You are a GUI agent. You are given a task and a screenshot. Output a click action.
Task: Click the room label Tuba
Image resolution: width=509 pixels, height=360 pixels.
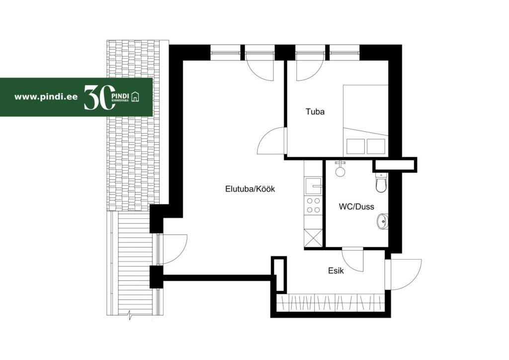pos(315,112)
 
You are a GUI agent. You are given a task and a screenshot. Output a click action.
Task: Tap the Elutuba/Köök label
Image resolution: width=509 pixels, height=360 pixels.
pos(250,189)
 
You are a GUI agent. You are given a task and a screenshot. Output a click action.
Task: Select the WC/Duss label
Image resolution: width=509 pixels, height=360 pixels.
pos(356,207)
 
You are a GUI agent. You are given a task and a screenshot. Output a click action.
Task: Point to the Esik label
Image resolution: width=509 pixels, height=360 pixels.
pos(336,270)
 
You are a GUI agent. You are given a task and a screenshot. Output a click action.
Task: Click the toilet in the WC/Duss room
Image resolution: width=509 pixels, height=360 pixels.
pos(381,182)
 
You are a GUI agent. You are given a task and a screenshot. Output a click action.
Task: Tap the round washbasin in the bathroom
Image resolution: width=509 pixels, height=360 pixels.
pos(382,221)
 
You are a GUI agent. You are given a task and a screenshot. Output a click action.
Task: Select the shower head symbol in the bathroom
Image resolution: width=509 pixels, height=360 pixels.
pos(340,169)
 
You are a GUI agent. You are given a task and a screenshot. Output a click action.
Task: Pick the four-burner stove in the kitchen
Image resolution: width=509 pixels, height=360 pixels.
pos(313,205)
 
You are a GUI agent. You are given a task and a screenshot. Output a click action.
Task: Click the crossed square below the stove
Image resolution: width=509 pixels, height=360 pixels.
pos(313,238)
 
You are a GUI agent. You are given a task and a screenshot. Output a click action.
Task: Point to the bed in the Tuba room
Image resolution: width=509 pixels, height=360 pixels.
pos(365,120)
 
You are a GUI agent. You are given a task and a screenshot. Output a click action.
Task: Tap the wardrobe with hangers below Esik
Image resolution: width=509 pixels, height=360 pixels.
pos(331,303)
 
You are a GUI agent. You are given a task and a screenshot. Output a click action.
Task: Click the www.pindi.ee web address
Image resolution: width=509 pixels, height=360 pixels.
pos(46,97)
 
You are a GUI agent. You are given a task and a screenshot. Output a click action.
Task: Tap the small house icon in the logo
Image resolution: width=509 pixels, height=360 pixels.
pos(135,96)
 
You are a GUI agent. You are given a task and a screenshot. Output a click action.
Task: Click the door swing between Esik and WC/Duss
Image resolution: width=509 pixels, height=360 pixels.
pos(353,260)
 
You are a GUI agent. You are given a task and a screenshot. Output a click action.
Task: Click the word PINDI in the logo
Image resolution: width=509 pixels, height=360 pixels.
pos(120,96)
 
